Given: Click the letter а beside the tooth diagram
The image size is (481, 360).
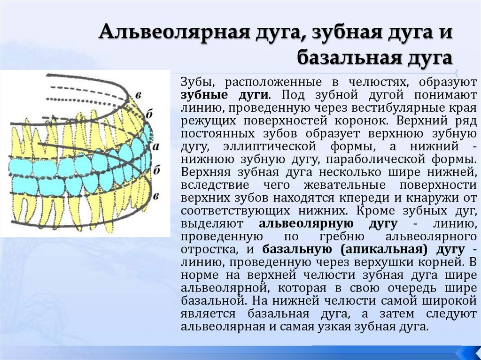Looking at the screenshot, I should pos(156,146).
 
